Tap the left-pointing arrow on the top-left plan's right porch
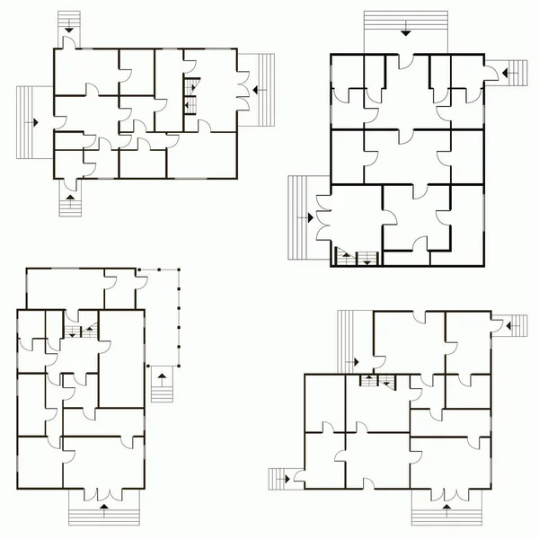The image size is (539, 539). click(x=256, y=89)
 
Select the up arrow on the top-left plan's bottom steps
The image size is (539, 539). click(x=69, y=196)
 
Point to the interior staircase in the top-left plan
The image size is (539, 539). click(x=190, y=93)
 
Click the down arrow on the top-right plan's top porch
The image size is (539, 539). click(x=406, y=31)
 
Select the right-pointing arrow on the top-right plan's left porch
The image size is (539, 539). click(x=308, y=216)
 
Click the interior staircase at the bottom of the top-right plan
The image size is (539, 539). click(x=357, y=259)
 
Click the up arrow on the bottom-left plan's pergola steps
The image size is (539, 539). click(x=162, y=381)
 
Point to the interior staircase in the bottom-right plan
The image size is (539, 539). click(x=379, y=382)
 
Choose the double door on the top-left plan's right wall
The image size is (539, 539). click(x=240, y=90)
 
